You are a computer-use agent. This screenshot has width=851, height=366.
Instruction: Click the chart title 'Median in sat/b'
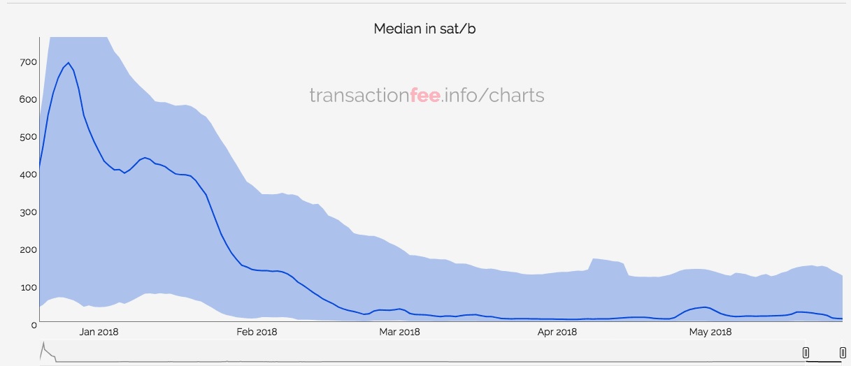(424, 29)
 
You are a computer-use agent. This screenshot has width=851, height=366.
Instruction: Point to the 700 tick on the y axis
(27, 62)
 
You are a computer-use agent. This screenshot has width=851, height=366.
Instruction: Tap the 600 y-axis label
(27, 100)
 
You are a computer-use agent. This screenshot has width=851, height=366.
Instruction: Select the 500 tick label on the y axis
(27, 137)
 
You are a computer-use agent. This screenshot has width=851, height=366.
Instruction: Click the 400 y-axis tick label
(27, 175)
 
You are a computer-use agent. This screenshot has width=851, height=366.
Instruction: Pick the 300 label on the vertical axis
(27, 212)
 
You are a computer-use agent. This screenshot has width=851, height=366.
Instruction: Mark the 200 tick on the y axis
(27, 250)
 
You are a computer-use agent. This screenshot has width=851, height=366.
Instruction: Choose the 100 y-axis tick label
(27, 288)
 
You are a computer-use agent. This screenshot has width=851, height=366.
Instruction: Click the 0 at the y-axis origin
(33, 325)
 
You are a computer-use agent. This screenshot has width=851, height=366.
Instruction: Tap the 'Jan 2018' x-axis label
(99, 332)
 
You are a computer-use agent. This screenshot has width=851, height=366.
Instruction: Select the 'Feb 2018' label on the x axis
(257, 332)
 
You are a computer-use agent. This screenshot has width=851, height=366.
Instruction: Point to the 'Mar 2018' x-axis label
(399, 332)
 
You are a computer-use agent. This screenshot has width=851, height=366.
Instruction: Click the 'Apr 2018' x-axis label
(557, 332)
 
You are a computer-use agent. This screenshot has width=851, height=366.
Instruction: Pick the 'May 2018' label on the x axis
(710, 332)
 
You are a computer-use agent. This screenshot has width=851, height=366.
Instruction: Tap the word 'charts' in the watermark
(517, 95)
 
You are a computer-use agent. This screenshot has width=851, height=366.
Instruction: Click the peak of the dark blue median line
(68, 63)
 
